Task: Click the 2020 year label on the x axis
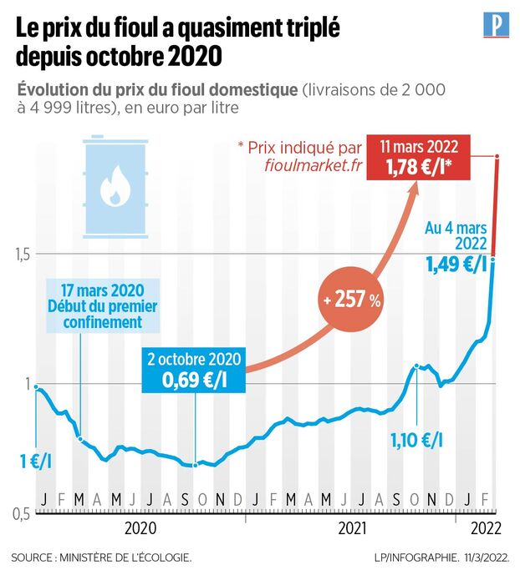pyautogui.click(x=140, y=528)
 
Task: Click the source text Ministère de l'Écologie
pyautogui.click(x=101, y=556)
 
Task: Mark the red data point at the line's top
pyautogui.click(x=498, y=156)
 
